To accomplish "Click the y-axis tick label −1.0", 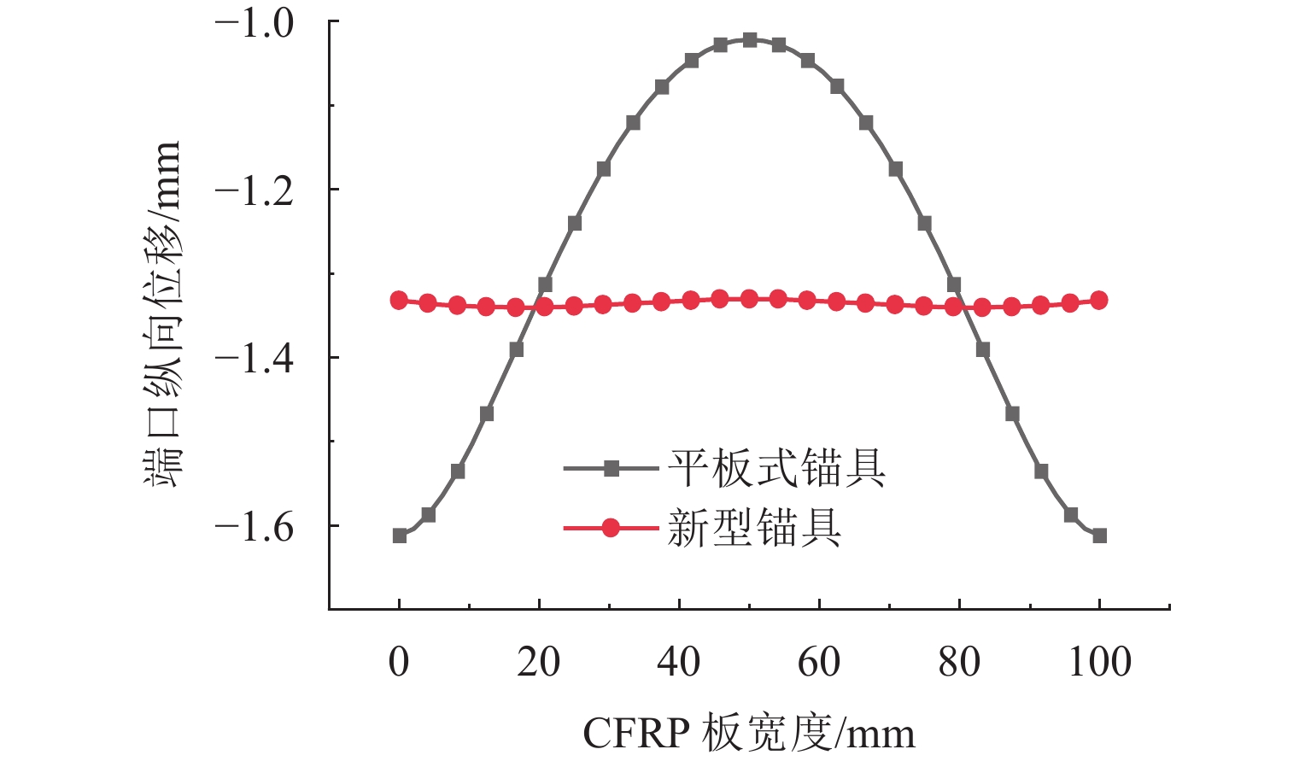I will coord(255,23).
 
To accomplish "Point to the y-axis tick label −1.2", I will coord(255,190).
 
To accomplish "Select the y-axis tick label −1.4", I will coord(255,359).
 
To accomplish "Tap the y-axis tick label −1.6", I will coord(255,527).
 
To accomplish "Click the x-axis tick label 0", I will coord(399,662).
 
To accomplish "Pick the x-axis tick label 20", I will coord(539,662).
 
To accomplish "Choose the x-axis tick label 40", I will coord(679,662).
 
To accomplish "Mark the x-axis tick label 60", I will coord(819,662).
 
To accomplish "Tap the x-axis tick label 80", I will coord(959,662).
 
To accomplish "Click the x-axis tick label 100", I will coord(1099,662).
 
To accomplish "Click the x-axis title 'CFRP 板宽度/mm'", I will coord(749,733).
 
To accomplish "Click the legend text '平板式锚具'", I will coord(776,468).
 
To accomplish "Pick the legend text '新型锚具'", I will coord(754,528).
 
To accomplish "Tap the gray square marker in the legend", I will coord(611,468).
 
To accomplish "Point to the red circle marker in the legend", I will coord(611,528).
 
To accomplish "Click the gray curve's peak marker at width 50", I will coord(750,40).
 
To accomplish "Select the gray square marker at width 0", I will coord(400,536).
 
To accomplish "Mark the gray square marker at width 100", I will coord(1100,536).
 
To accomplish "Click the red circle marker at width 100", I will coord(1099,300).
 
